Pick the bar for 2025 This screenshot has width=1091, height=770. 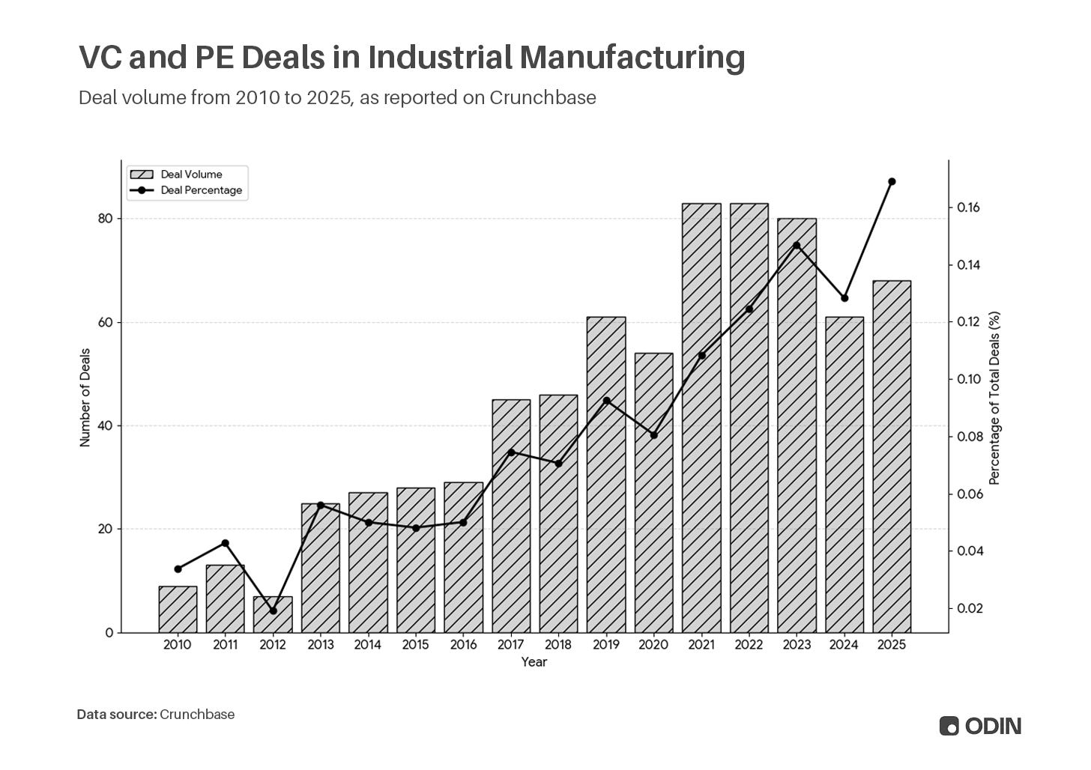pyautogui.click(x=892, y=457)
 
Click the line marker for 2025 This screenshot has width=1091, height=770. pyautogui.click(x=892, y=181)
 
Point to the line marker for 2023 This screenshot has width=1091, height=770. pyautogui.click(x=797, y=246)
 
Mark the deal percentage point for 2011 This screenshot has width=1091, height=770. pyautogui.click(x=226, y=543)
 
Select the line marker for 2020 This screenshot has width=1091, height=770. pyautogui.click(x=653, y=435)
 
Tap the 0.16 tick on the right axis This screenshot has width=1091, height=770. pyautogui.click(x=970, y=207)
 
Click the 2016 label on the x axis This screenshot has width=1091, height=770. pyautogui.click(x=463, y=645)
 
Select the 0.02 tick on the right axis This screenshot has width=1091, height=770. pyautogui.click(x=970, y=608)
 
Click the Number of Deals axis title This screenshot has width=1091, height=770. pyautogui.click(x=85, y=397)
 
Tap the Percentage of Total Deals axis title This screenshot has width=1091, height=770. pyautogui.click(x=995, y=398)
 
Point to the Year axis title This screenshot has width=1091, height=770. pyautogui.click(x=534, y=662)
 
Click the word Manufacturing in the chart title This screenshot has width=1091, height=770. pyautogui.click(x=632, y=57)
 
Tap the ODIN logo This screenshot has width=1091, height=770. pyautogui.click(x=980, y=726)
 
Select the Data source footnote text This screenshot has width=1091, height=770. pyautogui.click(x=156, y=715)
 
